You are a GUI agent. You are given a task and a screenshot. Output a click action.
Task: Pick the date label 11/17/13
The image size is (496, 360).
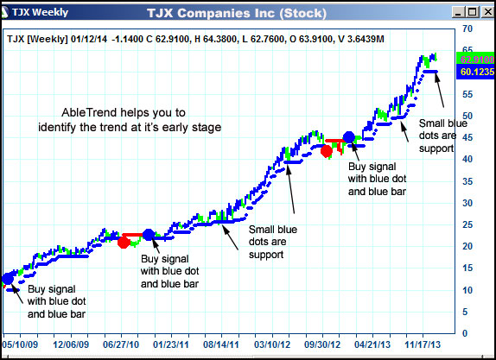coord(424,343)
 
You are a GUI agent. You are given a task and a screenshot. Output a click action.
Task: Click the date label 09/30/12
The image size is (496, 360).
coord(323,343)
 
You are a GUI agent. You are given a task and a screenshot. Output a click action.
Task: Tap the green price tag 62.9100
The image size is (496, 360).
coord(476,59)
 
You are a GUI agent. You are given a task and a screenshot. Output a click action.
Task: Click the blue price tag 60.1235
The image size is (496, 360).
coord(476,72)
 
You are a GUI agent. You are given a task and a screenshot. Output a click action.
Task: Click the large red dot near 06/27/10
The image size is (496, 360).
coord(124,243)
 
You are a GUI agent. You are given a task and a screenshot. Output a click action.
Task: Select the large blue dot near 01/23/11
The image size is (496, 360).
coord(148,235)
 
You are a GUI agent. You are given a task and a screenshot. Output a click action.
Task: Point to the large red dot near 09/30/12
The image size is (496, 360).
coord(326,151)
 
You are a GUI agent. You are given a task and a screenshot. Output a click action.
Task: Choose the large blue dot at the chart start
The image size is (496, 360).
coord(9,278)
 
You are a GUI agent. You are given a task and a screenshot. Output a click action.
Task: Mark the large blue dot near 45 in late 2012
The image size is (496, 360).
coord(349,137)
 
